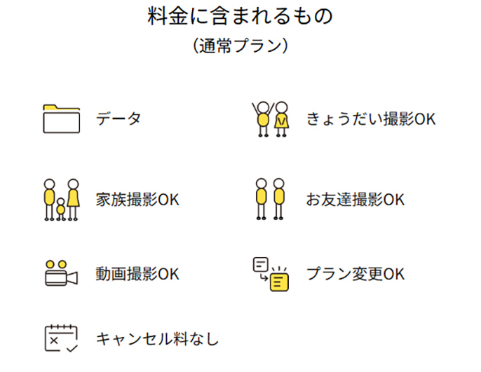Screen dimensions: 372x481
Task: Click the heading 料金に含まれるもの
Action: click(240, 16)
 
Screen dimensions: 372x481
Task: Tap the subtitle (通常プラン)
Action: click(240, 46)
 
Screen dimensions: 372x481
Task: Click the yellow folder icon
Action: click(62, 118)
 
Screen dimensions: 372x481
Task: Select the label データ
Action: click(118, 118)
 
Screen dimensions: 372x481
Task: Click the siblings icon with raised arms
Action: click(271, 119)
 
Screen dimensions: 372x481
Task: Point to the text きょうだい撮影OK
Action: click(371, 119)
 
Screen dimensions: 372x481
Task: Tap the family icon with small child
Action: click(62, 200)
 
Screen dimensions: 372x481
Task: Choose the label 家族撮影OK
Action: click(137, 200)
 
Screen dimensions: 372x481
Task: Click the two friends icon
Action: click(271, 199)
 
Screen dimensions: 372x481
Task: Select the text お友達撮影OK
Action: click(355, 200)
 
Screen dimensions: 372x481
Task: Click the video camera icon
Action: click(62, 273)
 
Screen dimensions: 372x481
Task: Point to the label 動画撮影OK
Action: click(137, 273)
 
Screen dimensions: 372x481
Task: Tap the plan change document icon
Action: click(270, 273)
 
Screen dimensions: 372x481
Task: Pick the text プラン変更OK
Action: click(355, 273)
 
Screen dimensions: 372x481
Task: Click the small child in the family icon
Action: click(61, 209)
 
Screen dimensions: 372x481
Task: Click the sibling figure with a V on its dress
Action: click(281, 120)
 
